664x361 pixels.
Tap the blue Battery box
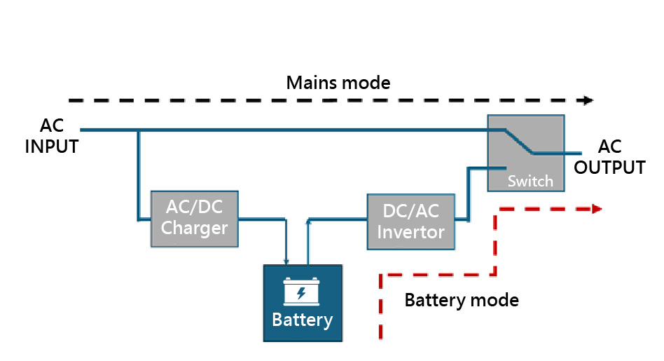pos(303,303)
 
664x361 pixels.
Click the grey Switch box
pos(526,153)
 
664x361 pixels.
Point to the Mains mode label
pos(338,83)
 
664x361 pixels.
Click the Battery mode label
pos(462,301)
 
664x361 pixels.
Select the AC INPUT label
pos(52,137)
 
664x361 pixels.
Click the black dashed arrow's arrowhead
pos(587,100)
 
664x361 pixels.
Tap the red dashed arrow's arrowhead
pos(596,208)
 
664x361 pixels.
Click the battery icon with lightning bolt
pos(302,291)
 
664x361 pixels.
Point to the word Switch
pos(530,181)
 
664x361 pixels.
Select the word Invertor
pos(411,232)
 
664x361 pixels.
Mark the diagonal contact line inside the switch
pos(518,141)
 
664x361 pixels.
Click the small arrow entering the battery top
pos(286,261)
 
